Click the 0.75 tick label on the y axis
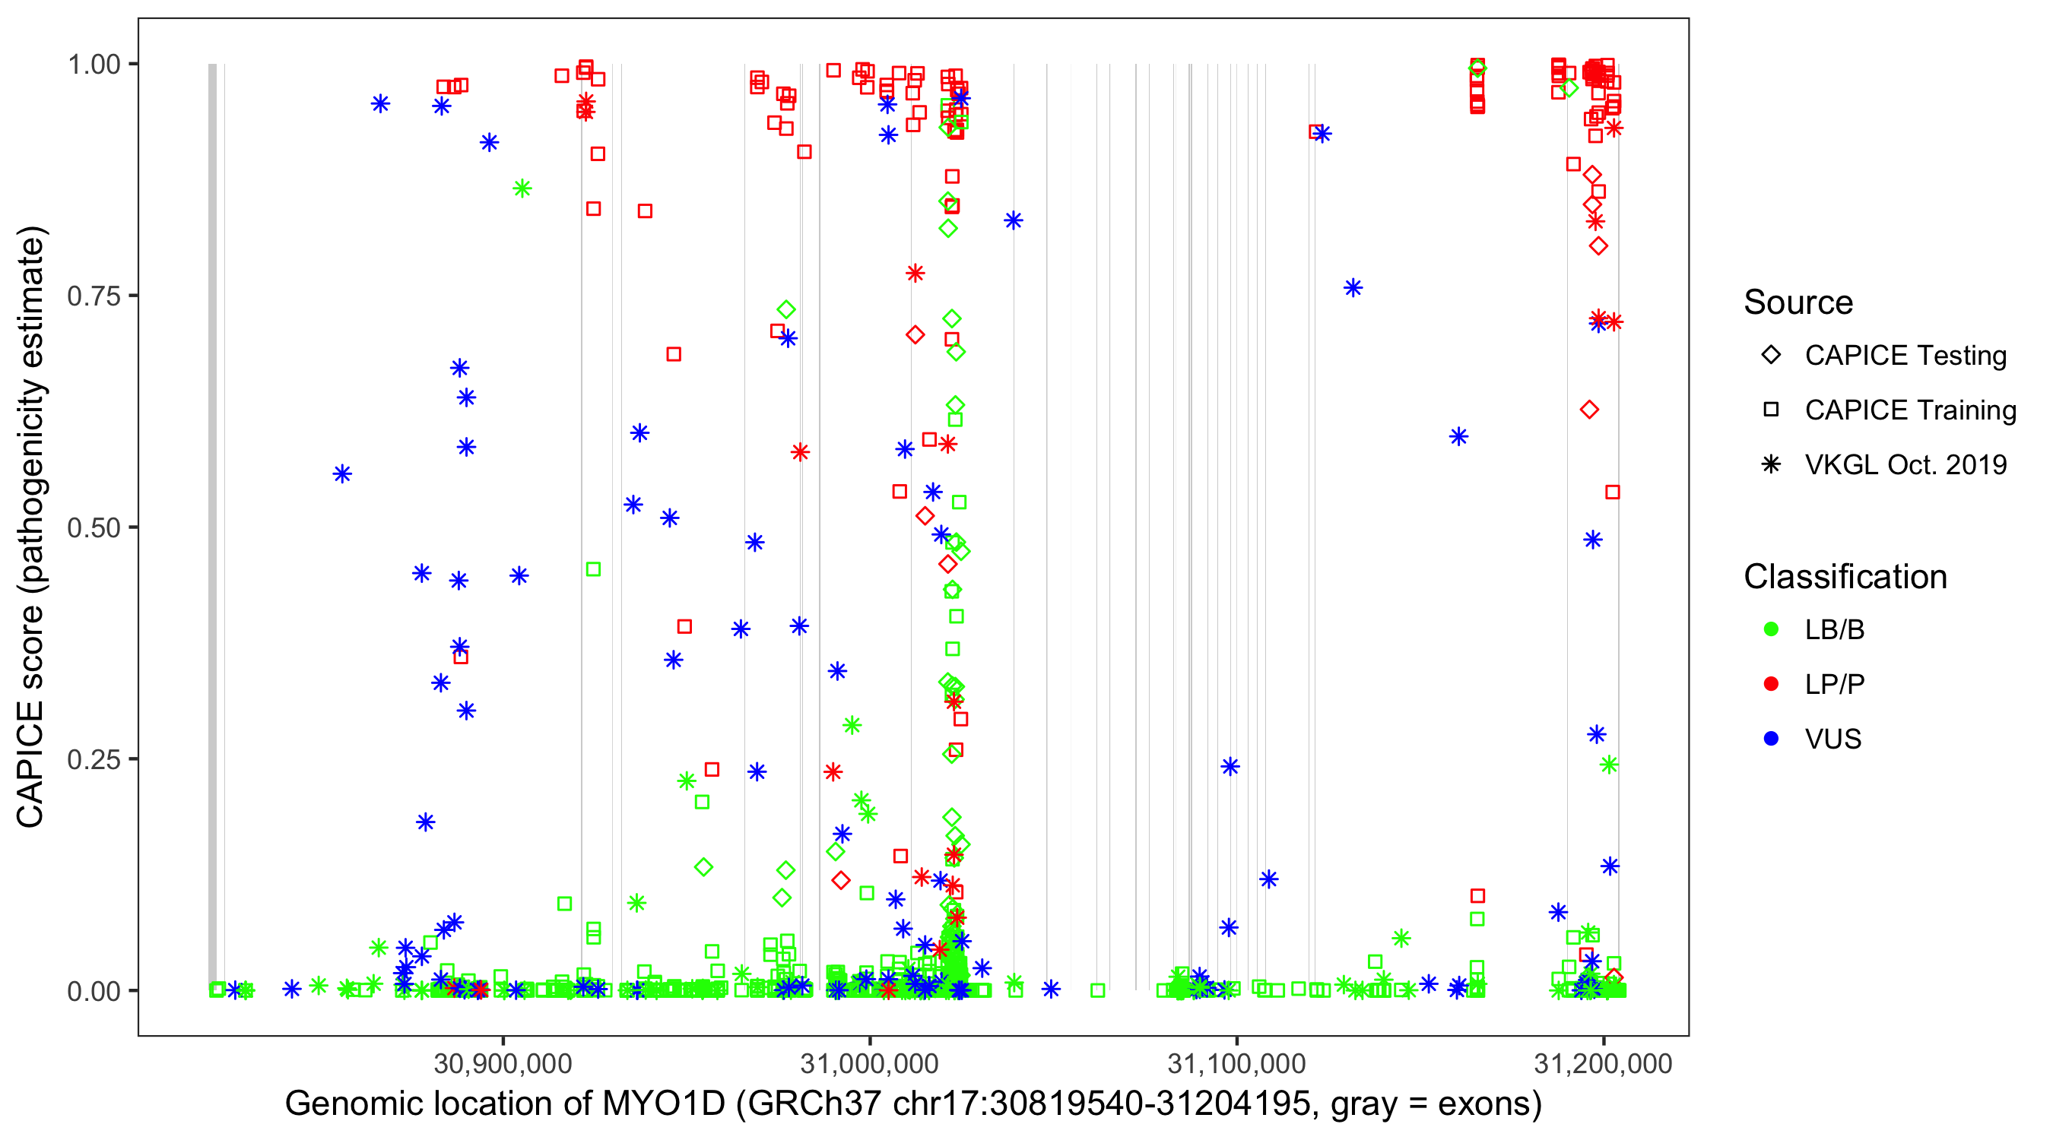tap(93, 296)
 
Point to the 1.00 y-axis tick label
tap(93, 65)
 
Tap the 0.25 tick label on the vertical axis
tap(93, 759)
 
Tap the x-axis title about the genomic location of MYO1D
tap(913, 1104)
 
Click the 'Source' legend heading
tap(1798, 302)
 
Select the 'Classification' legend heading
tap(1845, 577)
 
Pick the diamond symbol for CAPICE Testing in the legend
tap(1771, 356)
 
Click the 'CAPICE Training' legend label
tap(1910, 410)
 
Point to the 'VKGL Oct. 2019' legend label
tap(1905, 465)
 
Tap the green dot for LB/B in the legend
tap(1771, 630)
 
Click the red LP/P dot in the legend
tap(1771, 684)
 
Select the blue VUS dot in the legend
tap(1771, 739)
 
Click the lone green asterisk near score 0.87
tap(522, 188)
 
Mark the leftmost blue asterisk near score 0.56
tap(342, 475)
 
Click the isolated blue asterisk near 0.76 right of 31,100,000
tap(1353, 287)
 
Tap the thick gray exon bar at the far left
tap(212, 526)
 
